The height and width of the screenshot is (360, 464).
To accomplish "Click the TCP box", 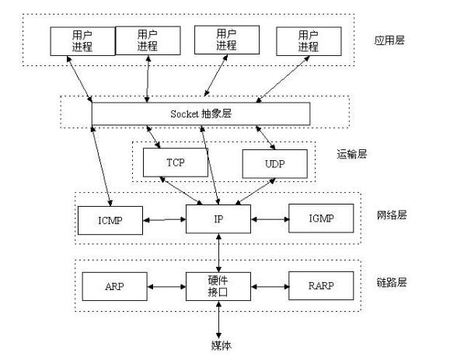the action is click(x=176, y=163).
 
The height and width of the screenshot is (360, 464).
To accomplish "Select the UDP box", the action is click(x=275, y=164).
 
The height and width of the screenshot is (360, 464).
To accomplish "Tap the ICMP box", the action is click(x=110, y=221).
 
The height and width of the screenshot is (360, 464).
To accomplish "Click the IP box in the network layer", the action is click(x=218, y=219).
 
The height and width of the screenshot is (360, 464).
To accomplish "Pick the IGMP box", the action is click(x=321, y=218).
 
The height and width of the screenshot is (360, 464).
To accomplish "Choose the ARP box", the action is click(x=114, y=287).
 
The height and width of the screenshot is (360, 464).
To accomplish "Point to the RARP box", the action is click(x=321, y=285).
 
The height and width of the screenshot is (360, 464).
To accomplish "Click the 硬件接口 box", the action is click(x=218, y=287).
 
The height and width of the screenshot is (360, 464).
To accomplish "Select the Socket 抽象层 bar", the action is click(x=201, y=114).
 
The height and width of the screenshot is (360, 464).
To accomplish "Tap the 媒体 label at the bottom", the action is click(x=221, y=345).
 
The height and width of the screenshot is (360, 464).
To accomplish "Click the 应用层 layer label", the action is click(x=389, y=40).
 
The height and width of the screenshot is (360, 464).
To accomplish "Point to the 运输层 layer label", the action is click(x=352, y=154).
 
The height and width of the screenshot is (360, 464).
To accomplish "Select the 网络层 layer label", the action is click(x=392, y=215).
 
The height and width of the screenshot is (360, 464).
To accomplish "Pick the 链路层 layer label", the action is click(x=392, y=282).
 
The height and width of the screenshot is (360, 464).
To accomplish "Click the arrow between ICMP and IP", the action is click(x=164, y=220).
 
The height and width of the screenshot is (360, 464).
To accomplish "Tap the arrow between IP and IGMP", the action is click(x=270, y=219).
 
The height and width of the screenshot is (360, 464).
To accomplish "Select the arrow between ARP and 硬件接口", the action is click(x=166, y=287).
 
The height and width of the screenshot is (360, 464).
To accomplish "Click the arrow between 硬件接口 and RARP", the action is click(x=270, y=287).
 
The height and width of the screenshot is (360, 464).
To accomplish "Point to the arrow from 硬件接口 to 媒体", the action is click(x=218, y=320).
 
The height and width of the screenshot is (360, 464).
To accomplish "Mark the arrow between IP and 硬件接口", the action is click(x=218, y=253).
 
